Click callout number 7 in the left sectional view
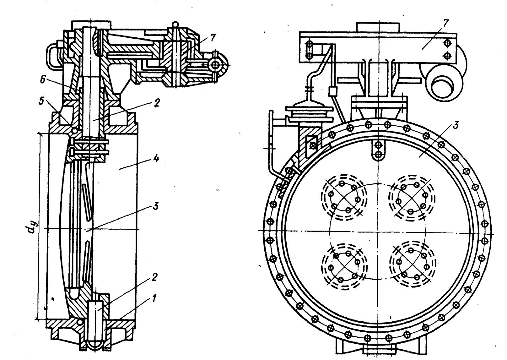click(x=213, y=38)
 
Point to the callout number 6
click(x=43, y=80)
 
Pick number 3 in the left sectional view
click(x=155, y=206)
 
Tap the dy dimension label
click(x=30, y=227)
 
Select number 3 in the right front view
click(x=456, y=125)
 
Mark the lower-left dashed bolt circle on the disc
click(x=344, y=267)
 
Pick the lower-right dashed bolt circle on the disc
click(x=413, y=266)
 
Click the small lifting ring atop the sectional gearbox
click(x=175, y=24)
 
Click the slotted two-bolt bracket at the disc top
click(x=378, y=150)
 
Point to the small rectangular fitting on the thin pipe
click(x=332, y=91)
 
